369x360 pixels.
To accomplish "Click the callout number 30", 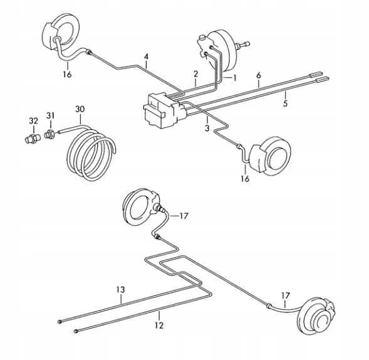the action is pyautogui.click(x=80, y=109).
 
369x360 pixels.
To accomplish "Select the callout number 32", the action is pyautogui.click(x=33, y=121).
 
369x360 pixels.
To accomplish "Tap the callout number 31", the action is pyautogui.click(x=50, y=115).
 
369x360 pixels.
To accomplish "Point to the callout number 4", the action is pyautogui.click(x=147, y=57).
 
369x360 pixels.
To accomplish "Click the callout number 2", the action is pyautogui.click(x=196, y=74).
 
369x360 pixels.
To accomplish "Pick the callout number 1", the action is pyautogui.click(x=234, y=78).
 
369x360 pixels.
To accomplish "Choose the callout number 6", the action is pyautogui.click(x=259, y=76).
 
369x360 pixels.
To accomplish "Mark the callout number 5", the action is pyautogui.click(x=285, y=103).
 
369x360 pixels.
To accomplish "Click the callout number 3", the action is pyautogui.click(x=207, y=129).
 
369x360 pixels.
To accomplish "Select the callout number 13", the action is pyautogui.click(x=120, y=290).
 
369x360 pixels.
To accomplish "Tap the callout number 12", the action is pyautogui.click(x=159, y=326).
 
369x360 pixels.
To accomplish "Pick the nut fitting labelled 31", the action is pyautogui.click(x=49, y=135).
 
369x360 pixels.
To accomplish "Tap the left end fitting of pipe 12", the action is pyautogui.click(x=76, y=331).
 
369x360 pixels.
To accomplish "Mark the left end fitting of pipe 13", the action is pyautogui.click(x=60, y=321).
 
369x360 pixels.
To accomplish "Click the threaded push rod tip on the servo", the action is pyautogui.click(x=246, y=44).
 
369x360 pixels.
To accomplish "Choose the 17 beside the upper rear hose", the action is pyautogui.click(x=184, y=216).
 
